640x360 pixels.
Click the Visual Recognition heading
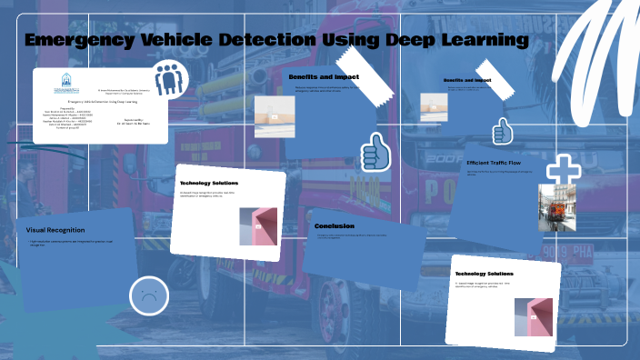[56, 230]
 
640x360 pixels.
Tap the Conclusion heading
[335, 225]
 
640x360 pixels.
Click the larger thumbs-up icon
[375, 152]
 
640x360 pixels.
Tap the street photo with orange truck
[554, 207]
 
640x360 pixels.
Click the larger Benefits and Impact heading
[324, 77]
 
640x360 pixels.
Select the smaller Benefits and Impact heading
[467, 81]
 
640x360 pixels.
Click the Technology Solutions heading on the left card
[209, 183]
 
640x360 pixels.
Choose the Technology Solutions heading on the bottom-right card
[484, 274]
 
